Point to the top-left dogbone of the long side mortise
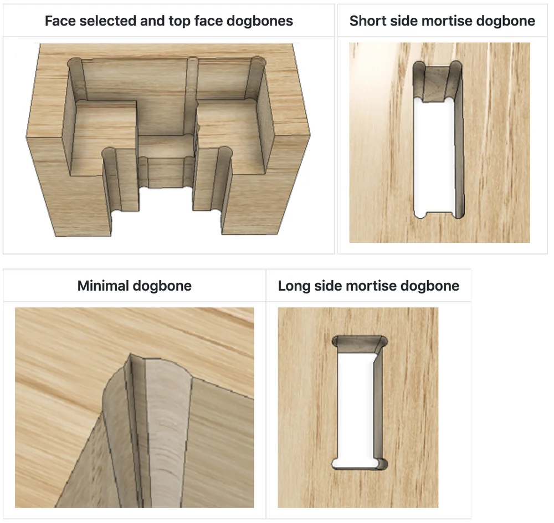pos(335,342)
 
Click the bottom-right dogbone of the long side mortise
pos(383,464)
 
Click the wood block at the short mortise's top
pos(436,83)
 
